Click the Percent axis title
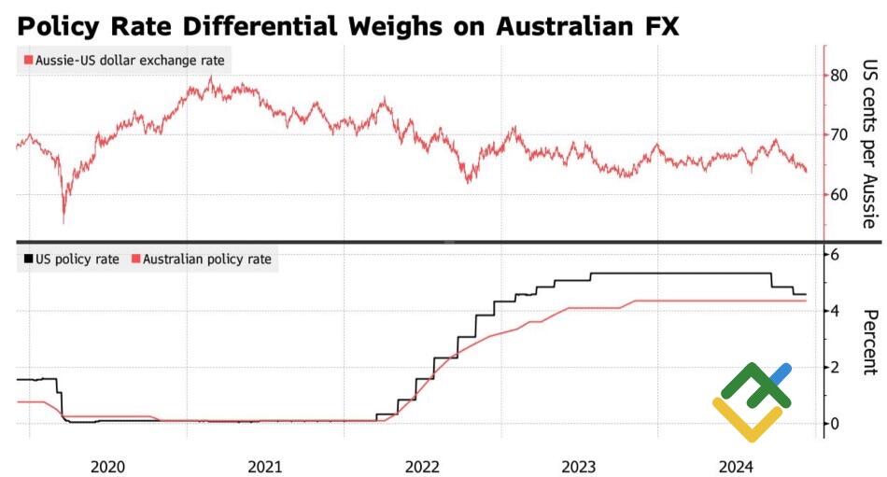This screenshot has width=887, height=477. (x=868, y=342)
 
